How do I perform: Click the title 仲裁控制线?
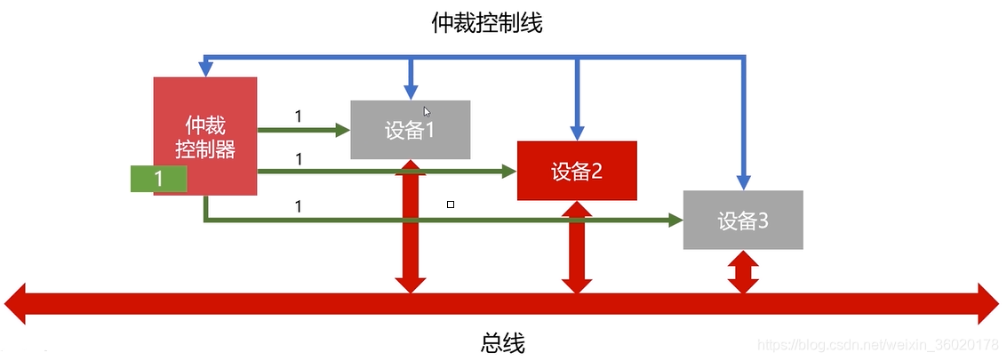tap(486, 24)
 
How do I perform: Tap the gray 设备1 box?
tap(410, 130)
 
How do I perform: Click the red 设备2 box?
tap(577, 171)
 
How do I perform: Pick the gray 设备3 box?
tap(743, 220)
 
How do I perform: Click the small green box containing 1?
tap(159, 179)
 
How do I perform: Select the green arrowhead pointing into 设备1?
tap(342, 130)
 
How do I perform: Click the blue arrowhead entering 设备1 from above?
tap(410, 92)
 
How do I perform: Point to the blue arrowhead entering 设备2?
tap(577, 132)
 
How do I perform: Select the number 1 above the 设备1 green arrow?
tap(298, 116)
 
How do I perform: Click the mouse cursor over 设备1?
tap(427, 112)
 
